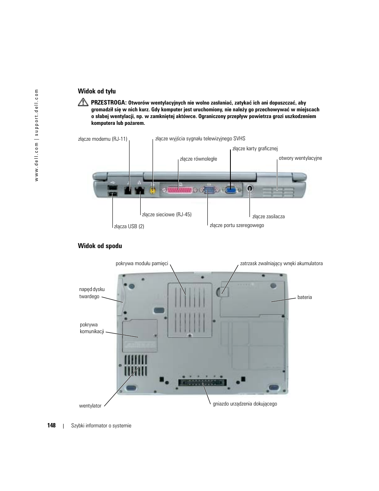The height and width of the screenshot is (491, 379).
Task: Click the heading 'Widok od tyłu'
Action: [97, 91]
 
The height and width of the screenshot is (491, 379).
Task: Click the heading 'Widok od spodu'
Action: [100, 246]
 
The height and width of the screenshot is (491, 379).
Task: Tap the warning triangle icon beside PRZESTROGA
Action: [83, 102]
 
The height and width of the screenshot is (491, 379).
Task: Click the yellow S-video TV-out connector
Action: [152, 190]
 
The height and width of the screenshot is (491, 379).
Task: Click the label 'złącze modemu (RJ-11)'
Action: [102, 139]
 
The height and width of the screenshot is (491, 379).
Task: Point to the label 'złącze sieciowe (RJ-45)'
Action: [166, 215]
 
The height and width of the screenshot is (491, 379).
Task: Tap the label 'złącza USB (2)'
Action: [129, 227]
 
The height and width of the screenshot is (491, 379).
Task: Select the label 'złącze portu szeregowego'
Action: [236, 225]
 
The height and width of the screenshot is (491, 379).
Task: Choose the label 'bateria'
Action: [304, 297]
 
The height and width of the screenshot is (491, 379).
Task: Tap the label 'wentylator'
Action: [90, 406]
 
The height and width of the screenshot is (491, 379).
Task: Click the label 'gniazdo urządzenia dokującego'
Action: [245, 404]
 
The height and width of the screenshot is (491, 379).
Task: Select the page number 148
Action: [51, 425]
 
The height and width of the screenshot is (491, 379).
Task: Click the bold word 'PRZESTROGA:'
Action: [108, 103]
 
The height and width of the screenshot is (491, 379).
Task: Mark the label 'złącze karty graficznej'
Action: [255, 149]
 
